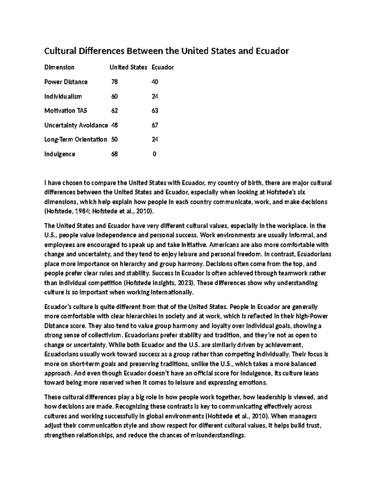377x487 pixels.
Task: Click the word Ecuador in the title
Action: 273,51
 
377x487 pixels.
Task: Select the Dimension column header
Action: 59,67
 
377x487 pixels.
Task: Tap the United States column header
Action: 128,67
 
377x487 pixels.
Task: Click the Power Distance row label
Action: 66,82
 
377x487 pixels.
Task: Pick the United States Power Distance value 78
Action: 114,82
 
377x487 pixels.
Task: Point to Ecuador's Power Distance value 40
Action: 155,82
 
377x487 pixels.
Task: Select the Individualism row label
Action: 63,96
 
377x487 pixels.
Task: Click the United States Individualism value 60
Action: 114,96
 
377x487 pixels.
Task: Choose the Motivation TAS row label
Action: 66,111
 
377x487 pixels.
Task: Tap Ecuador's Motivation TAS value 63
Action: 155,111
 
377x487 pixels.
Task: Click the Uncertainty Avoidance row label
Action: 76,125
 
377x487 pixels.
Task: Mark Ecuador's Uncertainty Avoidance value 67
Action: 155,125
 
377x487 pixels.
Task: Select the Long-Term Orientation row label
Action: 76,139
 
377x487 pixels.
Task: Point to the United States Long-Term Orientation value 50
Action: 114,139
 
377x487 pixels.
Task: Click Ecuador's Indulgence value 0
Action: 155,154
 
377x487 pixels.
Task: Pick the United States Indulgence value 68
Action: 114,154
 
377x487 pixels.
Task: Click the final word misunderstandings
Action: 217,435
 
